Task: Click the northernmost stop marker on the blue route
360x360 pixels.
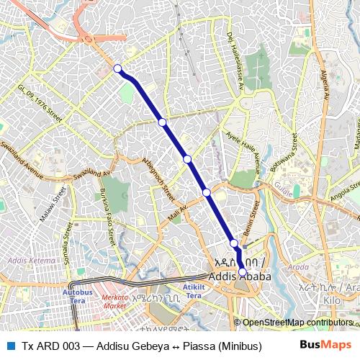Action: pos(117,68)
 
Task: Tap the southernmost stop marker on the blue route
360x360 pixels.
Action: pos(241,270)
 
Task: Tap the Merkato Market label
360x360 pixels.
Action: pos(114,301)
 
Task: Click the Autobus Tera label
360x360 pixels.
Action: pos(78,296)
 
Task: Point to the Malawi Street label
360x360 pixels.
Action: pos(59,204)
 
